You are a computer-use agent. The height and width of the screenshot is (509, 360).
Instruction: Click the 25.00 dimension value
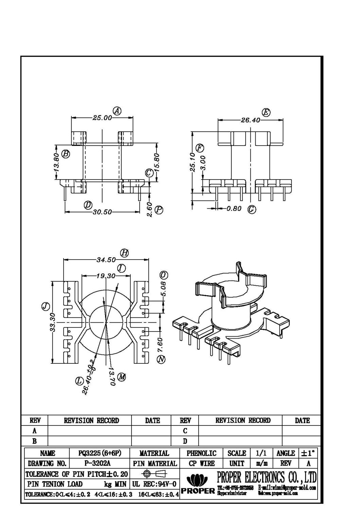pos(102,118)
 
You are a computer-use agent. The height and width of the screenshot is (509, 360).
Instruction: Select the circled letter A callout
pos(117,111)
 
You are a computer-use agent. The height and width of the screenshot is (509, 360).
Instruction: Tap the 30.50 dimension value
pos(102,212)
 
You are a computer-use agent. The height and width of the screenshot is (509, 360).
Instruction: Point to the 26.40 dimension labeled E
pos(250,120)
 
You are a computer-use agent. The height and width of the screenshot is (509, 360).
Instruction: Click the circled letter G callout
pos(252,209)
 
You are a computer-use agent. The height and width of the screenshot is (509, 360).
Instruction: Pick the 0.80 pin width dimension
pos(234,209)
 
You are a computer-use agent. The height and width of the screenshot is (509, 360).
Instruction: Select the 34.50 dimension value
pos(106,260)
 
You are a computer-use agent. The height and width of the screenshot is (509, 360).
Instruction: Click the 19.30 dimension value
pos(106,276)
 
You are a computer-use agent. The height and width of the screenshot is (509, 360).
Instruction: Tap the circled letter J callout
pos(46,307)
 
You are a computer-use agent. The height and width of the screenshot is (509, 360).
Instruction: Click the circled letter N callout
pos(161,359)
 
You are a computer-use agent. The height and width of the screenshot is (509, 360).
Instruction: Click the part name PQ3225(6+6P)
pos(100,453)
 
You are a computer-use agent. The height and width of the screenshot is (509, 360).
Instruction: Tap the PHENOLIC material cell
pos(201,453)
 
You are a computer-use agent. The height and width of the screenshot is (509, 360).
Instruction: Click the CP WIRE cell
pos(202,463)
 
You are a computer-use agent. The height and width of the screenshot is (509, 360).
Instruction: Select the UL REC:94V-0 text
pos(154,484)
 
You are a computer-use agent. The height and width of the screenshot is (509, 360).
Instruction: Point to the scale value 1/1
pos(261,453)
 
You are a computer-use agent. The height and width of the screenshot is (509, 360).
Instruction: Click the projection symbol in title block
pos(154,473)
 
